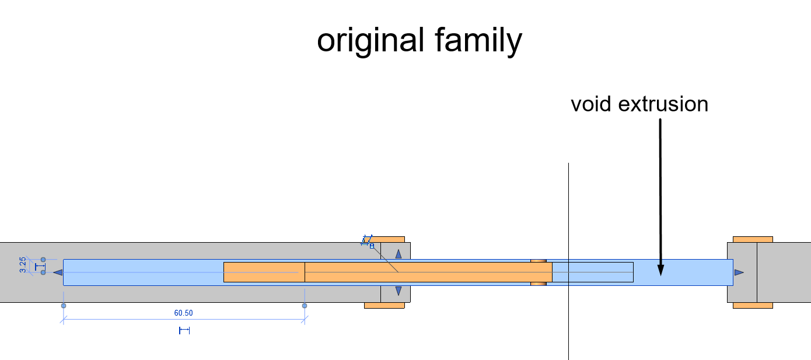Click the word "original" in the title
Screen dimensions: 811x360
[370, 41]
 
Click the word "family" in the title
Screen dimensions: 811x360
[478, 41]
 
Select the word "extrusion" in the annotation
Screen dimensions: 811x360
[663, 104]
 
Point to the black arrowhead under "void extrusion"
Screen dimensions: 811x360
[660, 270]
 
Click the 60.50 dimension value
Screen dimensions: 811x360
[183, 313]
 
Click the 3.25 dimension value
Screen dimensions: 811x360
[23, 265]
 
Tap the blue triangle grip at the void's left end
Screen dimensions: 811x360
[58, 272]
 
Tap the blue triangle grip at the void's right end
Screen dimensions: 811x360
[739, 272]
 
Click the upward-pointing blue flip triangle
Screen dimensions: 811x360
[398, 254]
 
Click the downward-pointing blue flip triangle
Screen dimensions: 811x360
[398, 291]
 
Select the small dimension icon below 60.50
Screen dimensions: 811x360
[184, 330]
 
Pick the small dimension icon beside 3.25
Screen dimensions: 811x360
[40, 267]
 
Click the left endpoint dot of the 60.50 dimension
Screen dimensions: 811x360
[64, 306]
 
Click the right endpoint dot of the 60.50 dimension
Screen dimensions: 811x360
[305, 306]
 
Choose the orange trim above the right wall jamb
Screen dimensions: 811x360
[753, 239]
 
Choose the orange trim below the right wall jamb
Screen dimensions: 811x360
[753, 305]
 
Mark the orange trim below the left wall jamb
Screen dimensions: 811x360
[384, 305]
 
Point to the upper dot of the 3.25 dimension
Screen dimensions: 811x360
[43, 259]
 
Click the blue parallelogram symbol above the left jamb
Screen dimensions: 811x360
[367, 240]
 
